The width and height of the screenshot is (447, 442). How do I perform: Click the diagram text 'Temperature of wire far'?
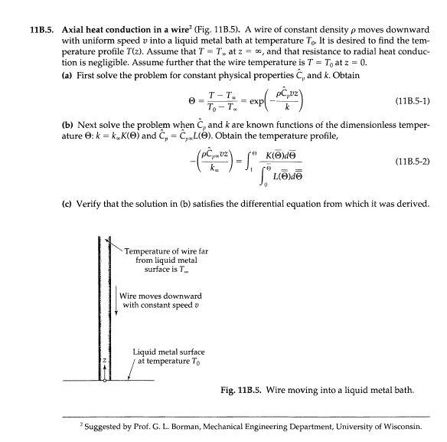[164, 250]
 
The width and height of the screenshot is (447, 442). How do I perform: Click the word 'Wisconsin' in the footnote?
[400, 427]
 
